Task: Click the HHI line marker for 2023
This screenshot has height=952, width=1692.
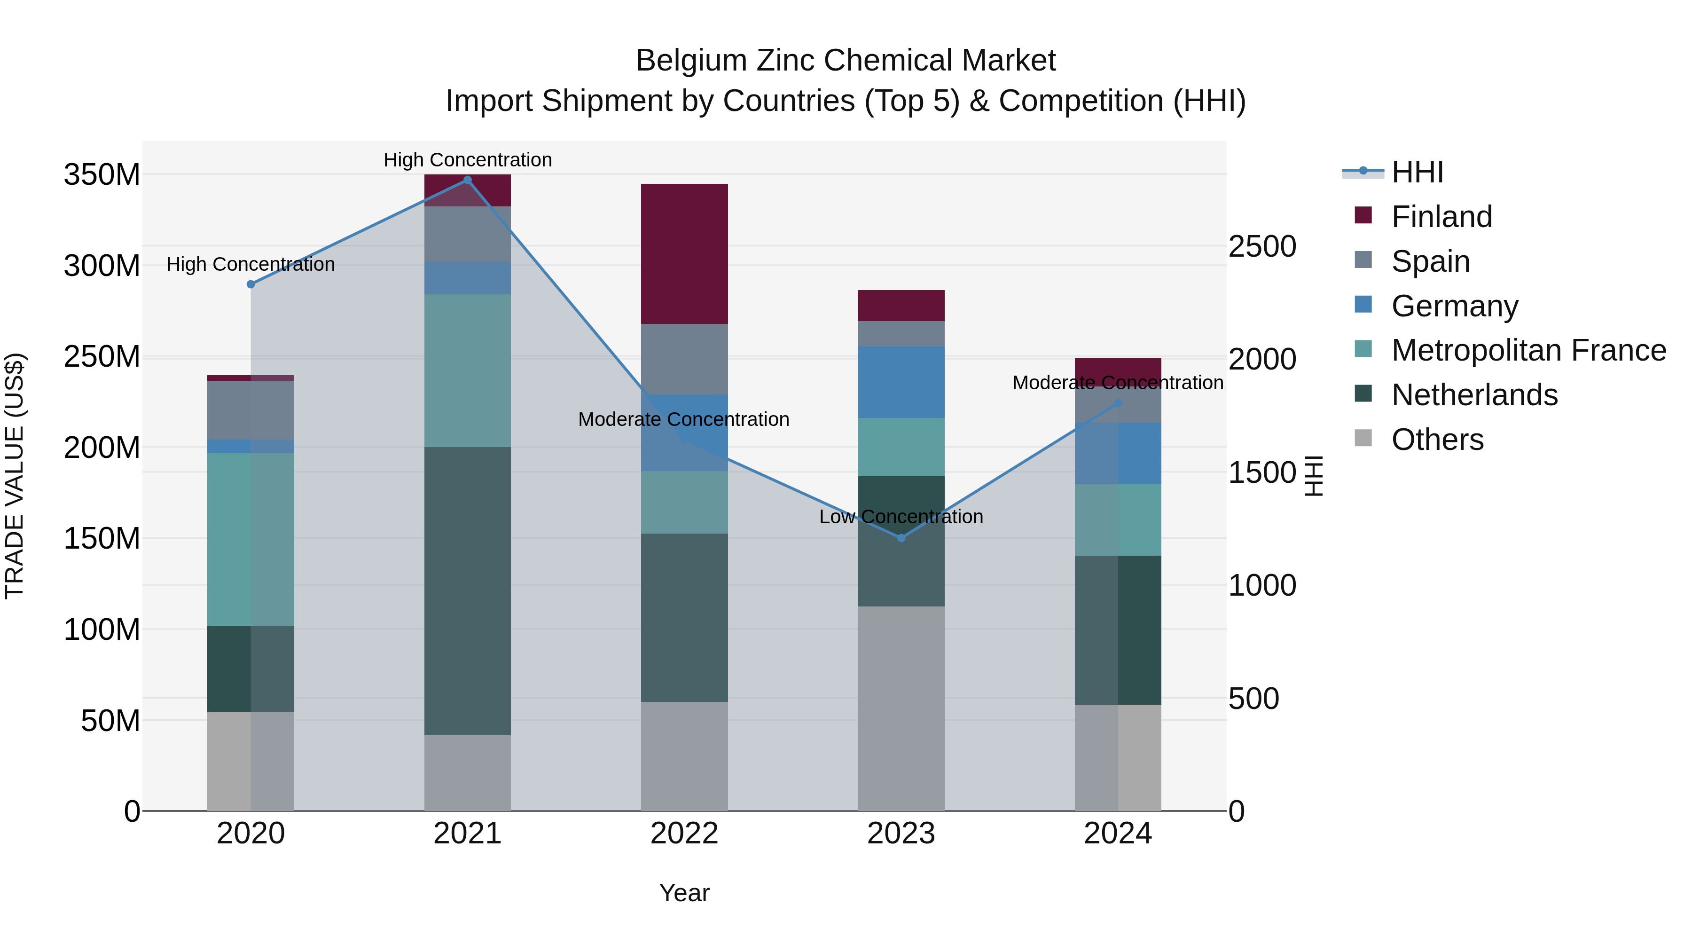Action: (901, 538)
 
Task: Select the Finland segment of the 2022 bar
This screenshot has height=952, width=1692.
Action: (684, 253)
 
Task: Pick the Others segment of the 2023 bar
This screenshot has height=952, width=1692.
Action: (901, 708)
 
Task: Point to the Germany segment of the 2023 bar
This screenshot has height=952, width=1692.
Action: (901, 382)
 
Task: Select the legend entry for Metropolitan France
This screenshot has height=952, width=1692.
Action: (1528, 351)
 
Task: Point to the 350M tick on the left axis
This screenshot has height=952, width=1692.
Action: (102, 175)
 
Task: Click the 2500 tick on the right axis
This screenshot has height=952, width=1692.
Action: (1262, 247)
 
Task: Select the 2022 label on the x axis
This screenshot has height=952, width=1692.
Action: (684, 834)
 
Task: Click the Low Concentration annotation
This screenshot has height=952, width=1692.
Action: (901, 517)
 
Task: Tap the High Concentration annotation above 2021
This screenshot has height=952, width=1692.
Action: (468, 160)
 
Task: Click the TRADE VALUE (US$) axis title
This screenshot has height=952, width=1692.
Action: (15, 476)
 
